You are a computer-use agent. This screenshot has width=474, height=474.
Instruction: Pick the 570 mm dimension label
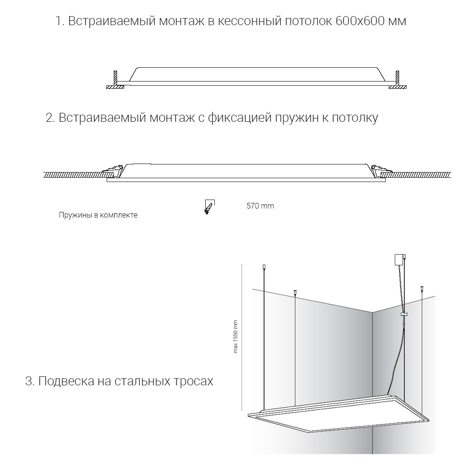[260, 206]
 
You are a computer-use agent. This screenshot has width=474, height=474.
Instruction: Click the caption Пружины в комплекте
[98, 215]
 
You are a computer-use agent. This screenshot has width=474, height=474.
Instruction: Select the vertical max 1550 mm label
[236, 337]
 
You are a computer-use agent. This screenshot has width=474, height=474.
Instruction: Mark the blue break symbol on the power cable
[403, 314]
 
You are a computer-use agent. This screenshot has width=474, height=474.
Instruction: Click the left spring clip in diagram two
[112, 170]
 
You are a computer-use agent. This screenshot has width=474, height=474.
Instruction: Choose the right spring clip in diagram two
[380, 170]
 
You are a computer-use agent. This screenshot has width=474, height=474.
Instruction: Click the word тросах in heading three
[194, 381]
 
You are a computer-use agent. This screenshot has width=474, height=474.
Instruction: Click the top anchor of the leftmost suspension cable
[264, 268]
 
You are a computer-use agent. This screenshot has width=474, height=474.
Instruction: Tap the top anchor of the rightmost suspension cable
[420, 288]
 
